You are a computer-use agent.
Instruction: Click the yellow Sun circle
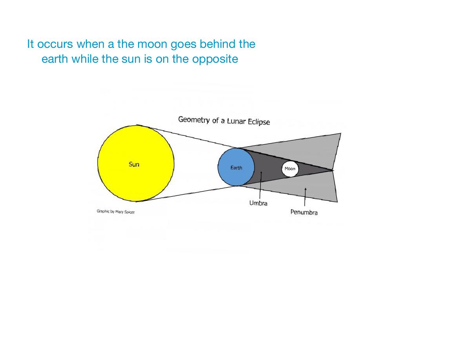coord(136,164)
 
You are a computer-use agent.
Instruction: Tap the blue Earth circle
coord(236,167)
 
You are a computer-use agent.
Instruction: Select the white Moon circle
coord(290,169)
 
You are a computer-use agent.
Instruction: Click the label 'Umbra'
coord(258,203)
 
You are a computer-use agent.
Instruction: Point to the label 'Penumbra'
coord(304,212)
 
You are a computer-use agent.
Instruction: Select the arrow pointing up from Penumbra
coord(305,196)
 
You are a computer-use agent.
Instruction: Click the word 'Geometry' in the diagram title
coord(194,120)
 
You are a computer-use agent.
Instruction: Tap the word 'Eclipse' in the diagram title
coord(259,122)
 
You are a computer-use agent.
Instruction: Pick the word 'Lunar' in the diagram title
coord(237,121)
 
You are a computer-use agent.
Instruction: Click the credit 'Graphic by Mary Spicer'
coord(116,211)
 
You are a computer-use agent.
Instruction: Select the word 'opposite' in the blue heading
coord(215,59)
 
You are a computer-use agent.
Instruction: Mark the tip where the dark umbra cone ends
coord(333,170)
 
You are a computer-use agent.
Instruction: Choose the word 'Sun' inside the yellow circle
coord(134,164)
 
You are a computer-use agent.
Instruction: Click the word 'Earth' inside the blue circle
coord(236,167)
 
